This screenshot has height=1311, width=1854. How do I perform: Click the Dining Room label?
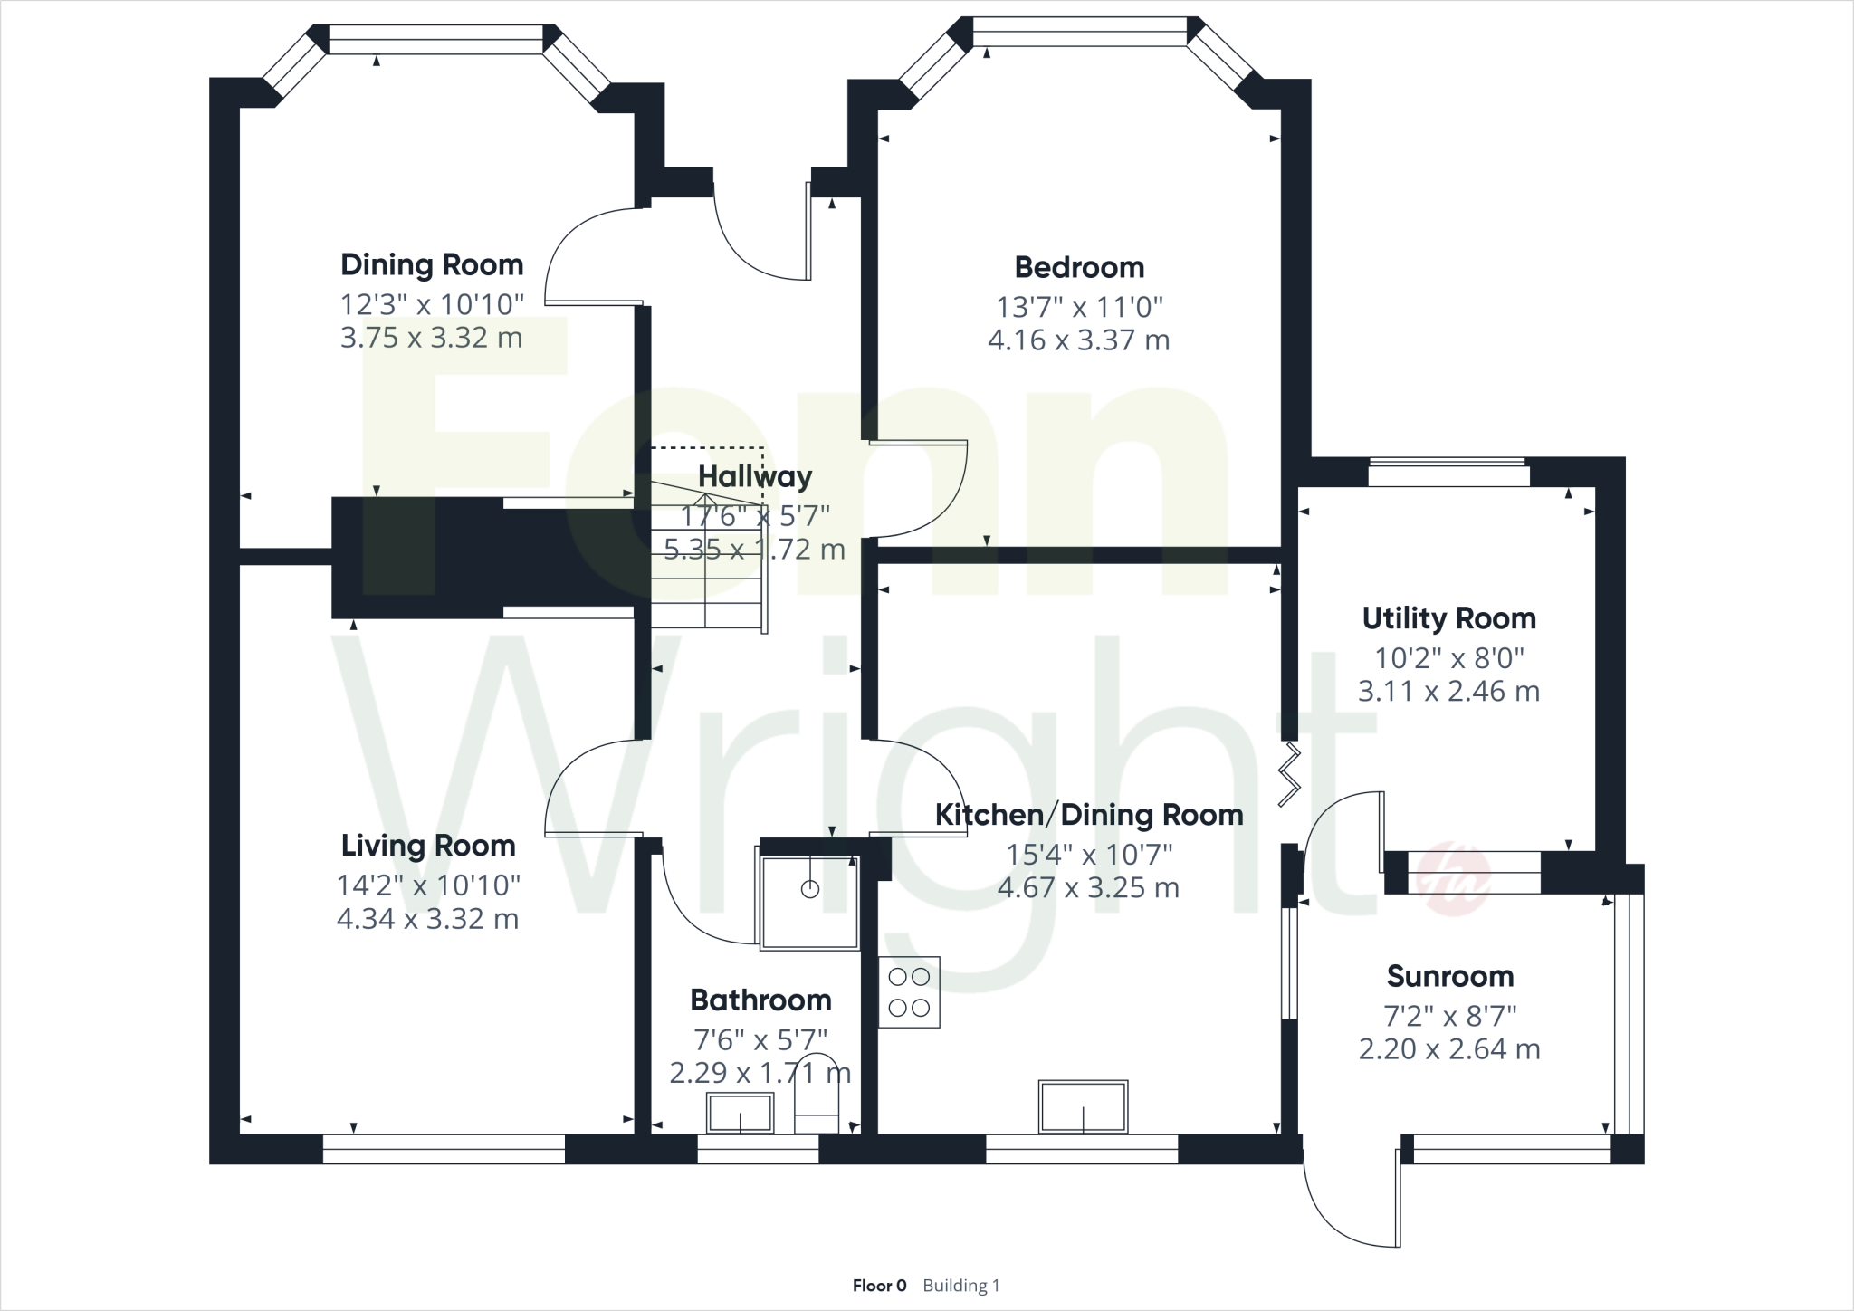(x=432, y=265)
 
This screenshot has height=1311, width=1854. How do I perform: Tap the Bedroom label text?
(x=1079, y=268)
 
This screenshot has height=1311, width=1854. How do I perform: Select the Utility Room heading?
(x=1448, y=619)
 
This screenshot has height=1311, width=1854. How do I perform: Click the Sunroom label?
(x=1449, y=977)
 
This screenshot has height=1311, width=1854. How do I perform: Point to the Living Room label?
(x=428, y=847)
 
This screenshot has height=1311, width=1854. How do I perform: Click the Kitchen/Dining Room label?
(x=1088, y=816)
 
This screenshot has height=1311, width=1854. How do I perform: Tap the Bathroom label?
(x=760, y=1000)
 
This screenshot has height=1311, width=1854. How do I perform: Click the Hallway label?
(x=755, y=477)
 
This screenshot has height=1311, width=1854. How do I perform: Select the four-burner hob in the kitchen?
(x=909, y=992)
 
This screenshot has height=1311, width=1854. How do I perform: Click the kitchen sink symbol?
(x=1084, y=1106)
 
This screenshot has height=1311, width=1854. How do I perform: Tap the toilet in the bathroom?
(x=817, y=1096)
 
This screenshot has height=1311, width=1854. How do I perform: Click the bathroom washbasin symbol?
(x=741, y=1113)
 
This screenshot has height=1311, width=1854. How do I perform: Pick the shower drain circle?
(x=810, y=889)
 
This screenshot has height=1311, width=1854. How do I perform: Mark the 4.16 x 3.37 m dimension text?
(x=1079, y=341)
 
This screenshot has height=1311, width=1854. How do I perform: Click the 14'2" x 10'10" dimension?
(x=428, y=885)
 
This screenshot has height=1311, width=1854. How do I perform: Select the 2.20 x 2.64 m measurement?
(x=1449, y=1049)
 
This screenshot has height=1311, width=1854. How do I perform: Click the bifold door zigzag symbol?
(x=1290, y=775)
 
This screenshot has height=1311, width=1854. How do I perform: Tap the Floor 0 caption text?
(x=879, y=1286)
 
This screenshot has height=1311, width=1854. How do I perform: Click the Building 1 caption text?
(x=961, y=1286)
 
